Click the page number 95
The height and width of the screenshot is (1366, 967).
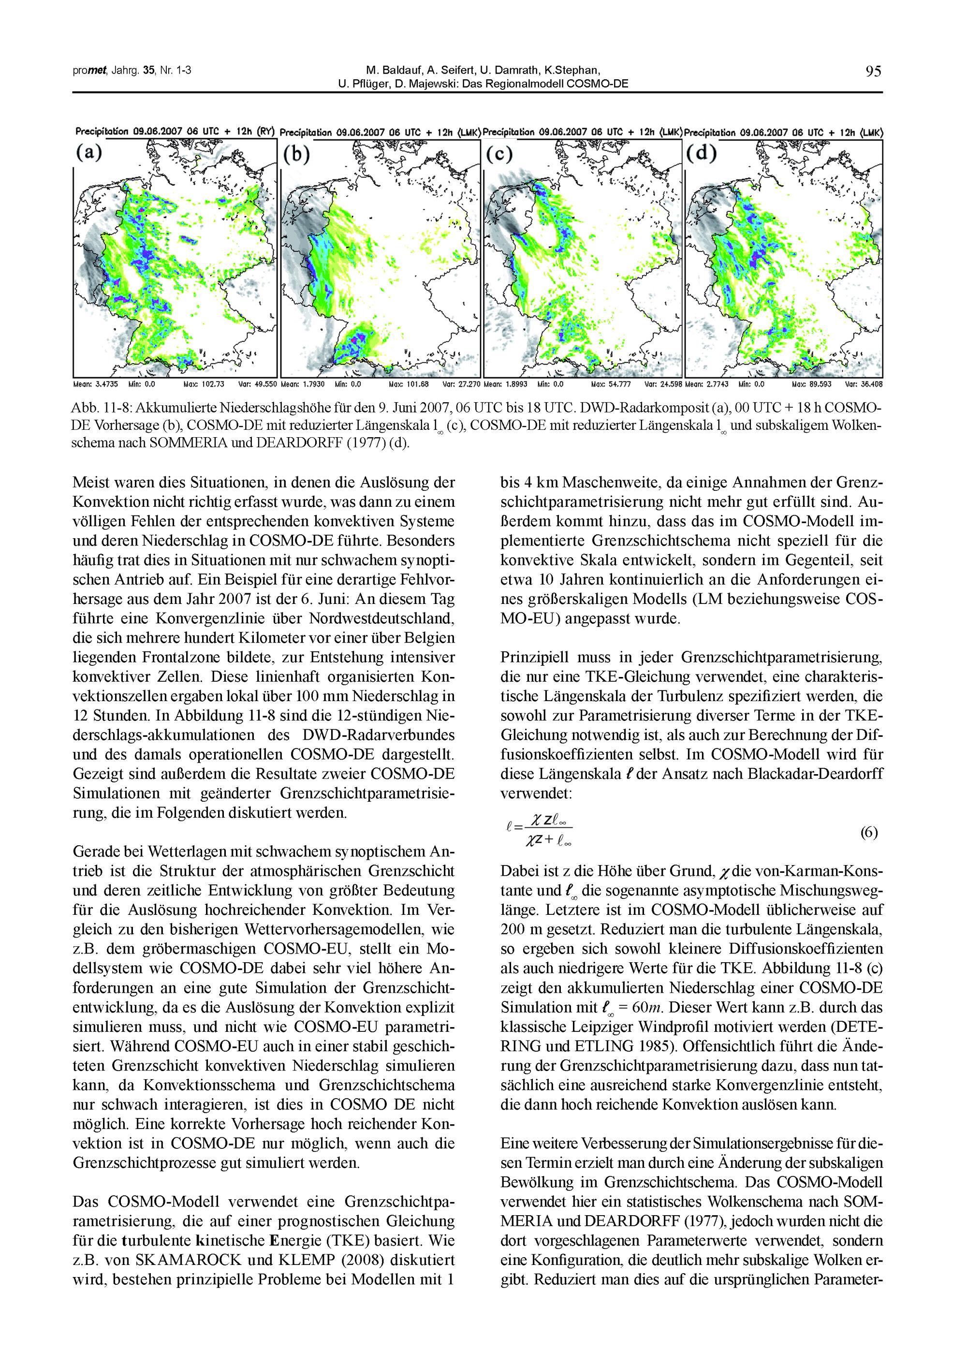pyautogui.click(x=874, y=72)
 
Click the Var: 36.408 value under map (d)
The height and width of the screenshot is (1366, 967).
pyautogui.click(x=863, y=385)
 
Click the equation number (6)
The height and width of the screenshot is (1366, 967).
pyautogui.click(x=869, y=833)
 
